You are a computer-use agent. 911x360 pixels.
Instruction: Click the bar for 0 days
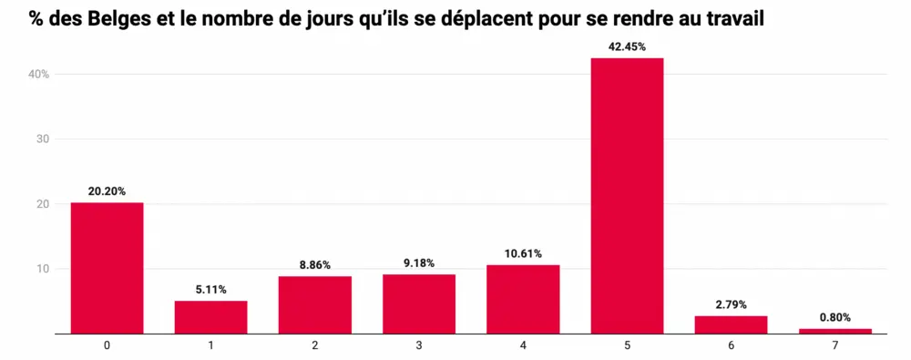coord(107,268)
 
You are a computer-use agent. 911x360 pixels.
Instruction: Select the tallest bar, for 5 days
coord(627,196)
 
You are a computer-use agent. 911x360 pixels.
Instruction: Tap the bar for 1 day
coord(210,317)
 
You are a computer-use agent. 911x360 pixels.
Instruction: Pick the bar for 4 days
coord(523,299)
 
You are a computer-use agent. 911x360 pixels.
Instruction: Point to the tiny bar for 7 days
coord(834,331)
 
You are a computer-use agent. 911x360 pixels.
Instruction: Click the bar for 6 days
coord(731,324)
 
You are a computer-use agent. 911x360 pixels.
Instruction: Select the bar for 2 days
coord(315,304)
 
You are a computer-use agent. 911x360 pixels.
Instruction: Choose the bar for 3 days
coord(419,303)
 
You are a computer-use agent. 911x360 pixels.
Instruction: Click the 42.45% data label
coord(627,46)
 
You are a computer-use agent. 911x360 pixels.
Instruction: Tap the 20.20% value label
coord(107,191)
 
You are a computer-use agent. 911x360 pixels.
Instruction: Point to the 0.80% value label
coord(834,317)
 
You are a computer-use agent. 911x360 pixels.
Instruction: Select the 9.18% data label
coord(419,263)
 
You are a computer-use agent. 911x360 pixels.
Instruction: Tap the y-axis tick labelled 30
coord(43,139)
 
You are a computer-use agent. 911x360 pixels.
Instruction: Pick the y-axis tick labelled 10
coord(43,269)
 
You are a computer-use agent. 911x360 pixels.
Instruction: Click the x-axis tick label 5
coord(627,346)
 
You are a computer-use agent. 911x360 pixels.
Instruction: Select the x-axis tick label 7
coord(834,346)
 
